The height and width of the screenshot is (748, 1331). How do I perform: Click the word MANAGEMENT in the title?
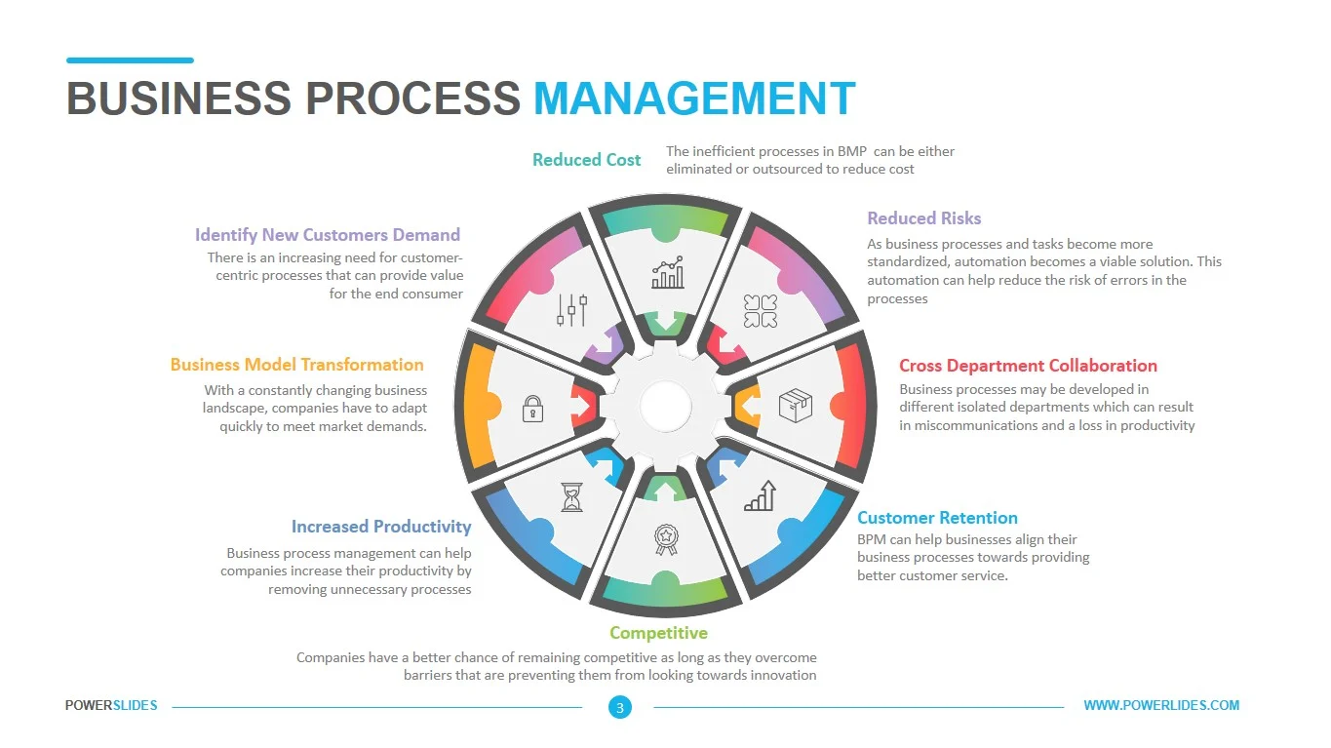tap(694, 98)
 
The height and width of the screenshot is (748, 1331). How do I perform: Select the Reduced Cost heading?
tap(586, 160)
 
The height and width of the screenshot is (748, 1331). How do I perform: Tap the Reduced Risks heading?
tap(924, 218)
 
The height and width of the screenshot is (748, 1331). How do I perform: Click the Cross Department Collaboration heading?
tap(1028, 366)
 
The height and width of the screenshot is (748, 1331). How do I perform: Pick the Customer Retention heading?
tap(937, 518)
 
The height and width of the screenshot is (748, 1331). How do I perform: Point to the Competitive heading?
tap(658, 633)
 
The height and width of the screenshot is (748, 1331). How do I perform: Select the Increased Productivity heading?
tap(381, 527)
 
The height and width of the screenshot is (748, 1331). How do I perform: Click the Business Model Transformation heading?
tap(297, 364)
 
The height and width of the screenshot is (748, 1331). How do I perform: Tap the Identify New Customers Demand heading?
tap(328, 235)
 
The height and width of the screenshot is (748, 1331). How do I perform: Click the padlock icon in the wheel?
tap(532, 409)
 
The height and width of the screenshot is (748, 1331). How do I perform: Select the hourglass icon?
tap(571, 497)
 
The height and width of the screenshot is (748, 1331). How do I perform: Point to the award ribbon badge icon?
tap(666, 539)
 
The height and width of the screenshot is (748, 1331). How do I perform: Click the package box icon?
tap(795, 405)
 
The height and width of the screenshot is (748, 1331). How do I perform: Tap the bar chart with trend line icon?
tap(668, 273)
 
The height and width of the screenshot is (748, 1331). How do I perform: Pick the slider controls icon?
tap(571, 309)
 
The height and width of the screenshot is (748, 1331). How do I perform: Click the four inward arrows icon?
tap(760, 311)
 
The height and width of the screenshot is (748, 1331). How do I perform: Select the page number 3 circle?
tap(620, 707)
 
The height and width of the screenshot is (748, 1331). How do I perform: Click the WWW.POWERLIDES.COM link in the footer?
tap(1161, 705)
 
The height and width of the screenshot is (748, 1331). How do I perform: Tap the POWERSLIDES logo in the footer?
tap(111, 705)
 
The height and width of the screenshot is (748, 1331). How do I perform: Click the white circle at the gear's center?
tap(665, 407)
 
